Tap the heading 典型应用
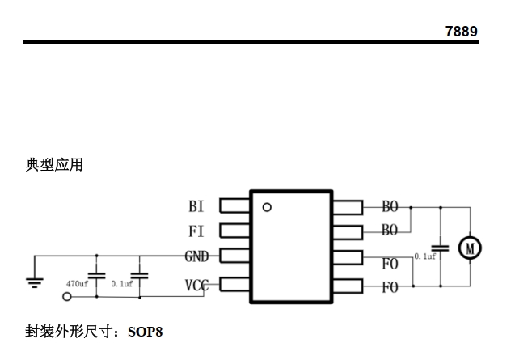pyautogui.click(x=54, y=165)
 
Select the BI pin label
pyautogui.click(x=196, y=207)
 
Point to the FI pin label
pyautogui.click(x=196, y=231)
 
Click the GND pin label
pyautogui.click(x=196, y=257)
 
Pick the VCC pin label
pyautogui.click(x=196, y=285)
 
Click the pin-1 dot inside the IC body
pyautogui.click(x=267, y=207)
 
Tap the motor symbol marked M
pyautogui.click(x=470, y=248)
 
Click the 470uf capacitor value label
pyautogui.click(x=77, y=285)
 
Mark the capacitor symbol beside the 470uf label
pyautogui.click(x=97, y=276)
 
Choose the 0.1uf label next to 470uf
pyautogui.click(x=122, y=285)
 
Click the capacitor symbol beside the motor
pyautogui.click(x=441, y=247)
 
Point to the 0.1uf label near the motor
pyautogui.click(x=425, y=256)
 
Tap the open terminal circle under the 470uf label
pyautogui.click(x=66, y=297)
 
